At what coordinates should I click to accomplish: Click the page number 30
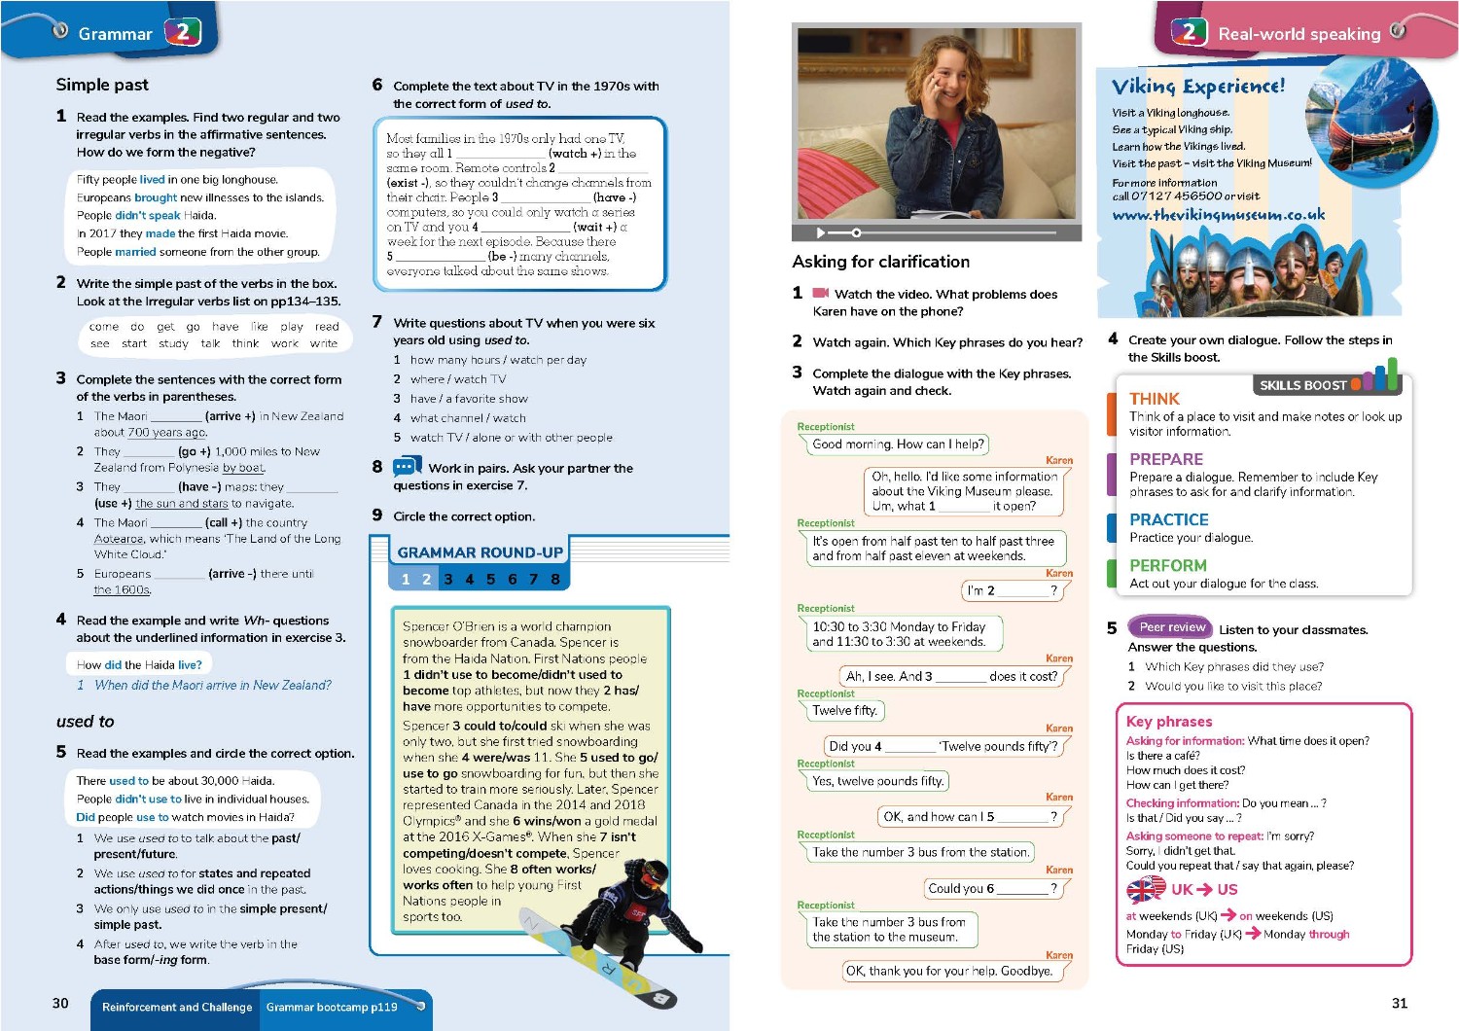(60, 1003)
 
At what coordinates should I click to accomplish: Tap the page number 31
(1399, 1003)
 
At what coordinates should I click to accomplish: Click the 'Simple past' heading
(102, 85)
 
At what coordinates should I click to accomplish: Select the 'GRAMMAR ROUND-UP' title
(480, 552)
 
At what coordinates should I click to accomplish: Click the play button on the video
(820, 233)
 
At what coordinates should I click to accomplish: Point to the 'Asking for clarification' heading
(880, 262)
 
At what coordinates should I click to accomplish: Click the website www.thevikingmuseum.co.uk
(1218, 215)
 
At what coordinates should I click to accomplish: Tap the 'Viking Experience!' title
(1197, 87)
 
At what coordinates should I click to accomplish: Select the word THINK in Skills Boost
(1154, 399)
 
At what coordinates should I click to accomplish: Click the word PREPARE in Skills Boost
(1165, 459)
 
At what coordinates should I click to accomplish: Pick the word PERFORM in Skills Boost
(1167, 565)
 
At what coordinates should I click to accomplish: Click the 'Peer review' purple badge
(1171, 627)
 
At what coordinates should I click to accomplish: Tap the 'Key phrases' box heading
(1168, 722)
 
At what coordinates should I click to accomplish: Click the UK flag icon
(1145, 889)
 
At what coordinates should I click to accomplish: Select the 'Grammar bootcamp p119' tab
(332, 1008)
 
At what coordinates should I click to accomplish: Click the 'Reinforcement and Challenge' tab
(176, 1008)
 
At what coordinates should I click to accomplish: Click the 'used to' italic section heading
(85, 722)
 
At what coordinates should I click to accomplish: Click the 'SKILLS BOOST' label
(1302, 385)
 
